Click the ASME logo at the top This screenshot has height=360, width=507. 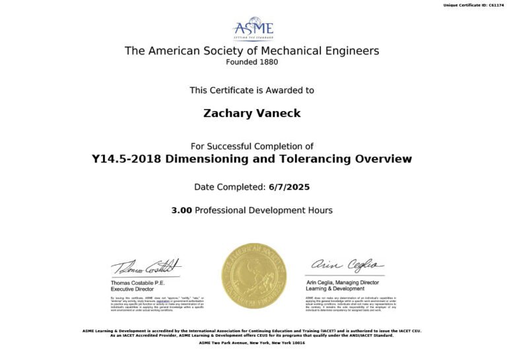click(253, 29)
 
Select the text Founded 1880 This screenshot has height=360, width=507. click(252, 62)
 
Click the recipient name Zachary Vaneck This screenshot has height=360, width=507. click(252, 113)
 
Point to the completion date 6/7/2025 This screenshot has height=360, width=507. click(290, 188)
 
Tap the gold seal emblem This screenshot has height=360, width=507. click(253, 275)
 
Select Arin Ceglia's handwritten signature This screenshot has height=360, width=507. click(347, 265)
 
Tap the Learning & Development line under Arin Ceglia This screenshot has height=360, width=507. click(335, 289)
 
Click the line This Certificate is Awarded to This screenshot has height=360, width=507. click(252, 90)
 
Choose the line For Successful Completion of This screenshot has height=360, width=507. click(252, 146)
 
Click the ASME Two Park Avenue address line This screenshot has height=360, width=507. click(252, 343)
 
